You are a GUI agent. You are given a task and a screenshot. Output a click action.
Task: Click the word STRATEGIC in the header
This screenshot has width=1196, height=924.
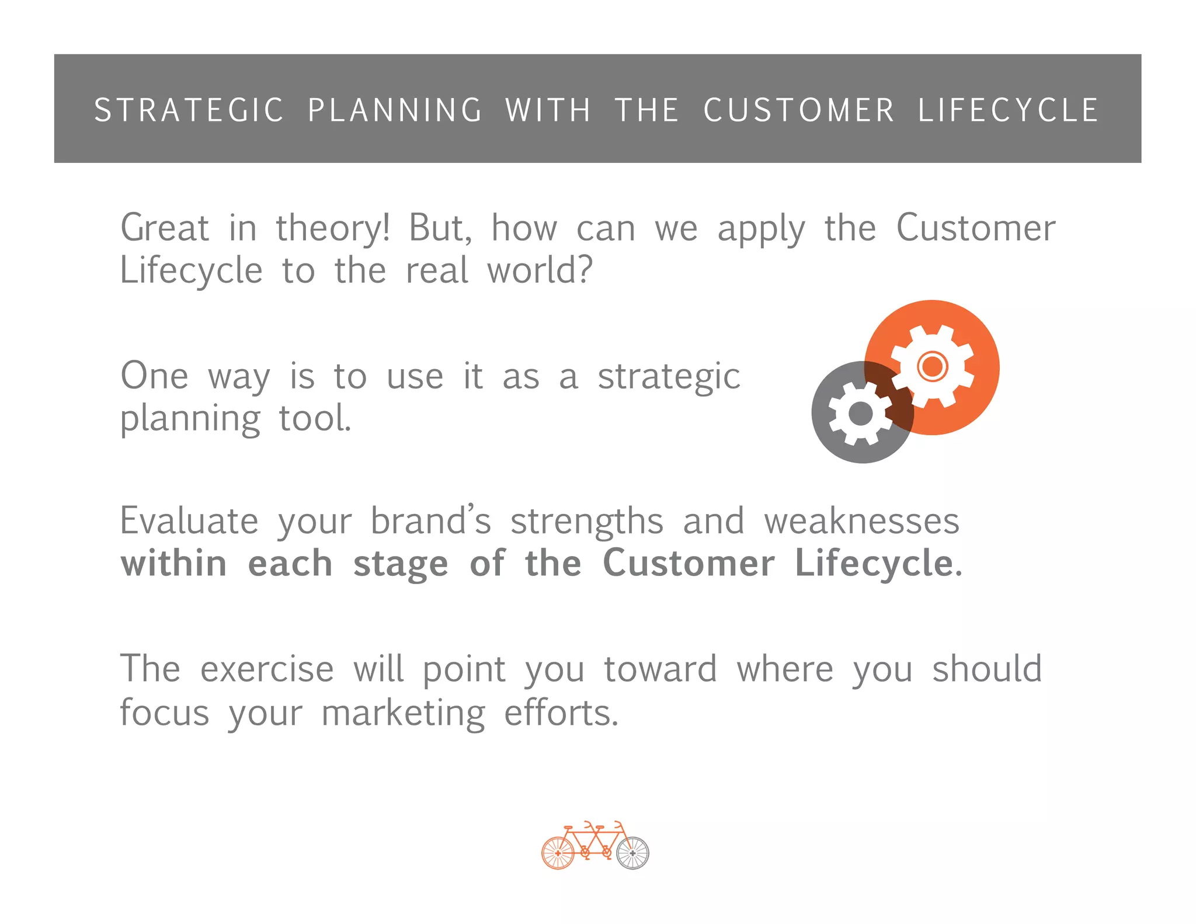click(189, 110)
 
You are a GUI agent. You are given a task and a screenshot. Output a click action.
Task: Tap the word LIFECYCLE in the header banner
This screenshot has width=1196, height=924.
click(1009, 110)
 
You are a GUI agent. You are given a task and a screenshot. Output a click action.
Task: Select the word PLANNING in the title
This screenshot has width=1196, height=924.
click(395, 110)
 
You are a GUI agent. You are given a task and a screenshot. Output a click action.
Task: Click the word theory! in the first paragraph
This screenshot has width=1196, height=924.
click(332, 229)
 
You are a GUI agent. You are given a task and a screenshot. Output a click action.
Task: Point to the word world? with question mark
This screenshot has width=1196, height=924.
click(540, 271)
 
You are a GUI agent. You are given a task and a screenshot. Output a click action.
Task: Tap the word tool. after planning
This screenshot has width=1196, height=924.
click(315, 419)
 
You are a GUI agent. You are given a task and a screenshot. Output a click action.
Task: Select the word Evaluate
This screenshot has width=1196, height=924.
click(189, 521)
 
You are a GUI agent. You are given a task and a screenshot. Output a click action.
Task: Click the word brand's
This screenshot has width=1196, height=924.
click(431, 521)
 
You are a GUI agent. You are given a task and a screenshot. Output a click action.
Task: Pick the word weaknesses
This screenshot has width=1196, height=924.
click(862, 521)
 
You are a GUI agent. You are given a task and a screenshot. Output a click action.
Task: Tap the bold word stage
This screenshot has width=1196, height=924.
click(401, 565)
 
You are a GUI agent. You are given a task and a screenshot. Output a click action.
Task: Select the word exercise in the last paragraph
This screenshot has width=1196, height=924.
click(267, 669)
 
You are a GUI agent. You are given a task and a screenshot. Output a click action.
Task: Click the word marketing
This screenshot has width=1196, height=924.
click(403, 714)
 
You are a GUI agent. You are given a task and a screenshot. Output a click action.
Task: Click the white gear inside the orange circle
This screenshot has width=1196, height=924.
click(933, 366)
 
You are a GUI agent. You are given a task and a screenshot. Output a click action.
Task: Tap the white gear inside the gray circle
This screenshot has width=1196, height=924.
click(860, 414)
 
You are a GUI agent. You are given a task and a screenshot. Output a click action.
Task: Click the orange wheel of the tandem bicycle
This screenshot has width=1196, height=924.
click(558, 853)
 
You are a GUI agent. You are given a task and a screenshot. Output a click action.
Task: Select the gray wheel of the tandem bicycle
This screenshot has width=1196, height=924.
click(632, 853)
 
